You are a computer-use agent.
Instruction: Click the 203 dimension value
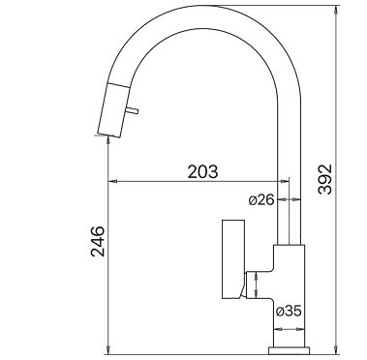pyautogui.click(x=202, y=171)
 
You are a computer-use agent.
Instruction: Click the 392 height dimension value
pyautogui.click(x=324, y=179)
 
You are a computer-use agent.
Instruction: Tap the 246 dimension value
pyautogui.click(x=98, y=241)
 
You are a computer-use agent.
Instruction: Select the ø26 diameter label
pyautogui.click(x=261, y=200)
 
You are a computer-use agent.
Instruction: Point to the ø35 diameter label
pyautogui.click(x=289, y=311)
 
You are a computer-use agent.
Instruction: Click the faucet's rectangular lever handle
pyautogui.click(x=233, y=259)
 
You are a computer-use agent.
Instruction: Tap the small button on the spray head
pyautogui.click(x=133, y=110)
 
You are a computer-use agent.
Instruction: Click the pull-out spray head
pyautogui.click(x=114, y=109)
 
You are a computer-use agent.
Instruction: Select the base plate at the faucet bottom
pyautogui.click(x=290, y=350)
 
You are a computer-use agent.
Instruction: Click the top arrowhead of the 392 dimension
pyautogui.click(x=337, y=9)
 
